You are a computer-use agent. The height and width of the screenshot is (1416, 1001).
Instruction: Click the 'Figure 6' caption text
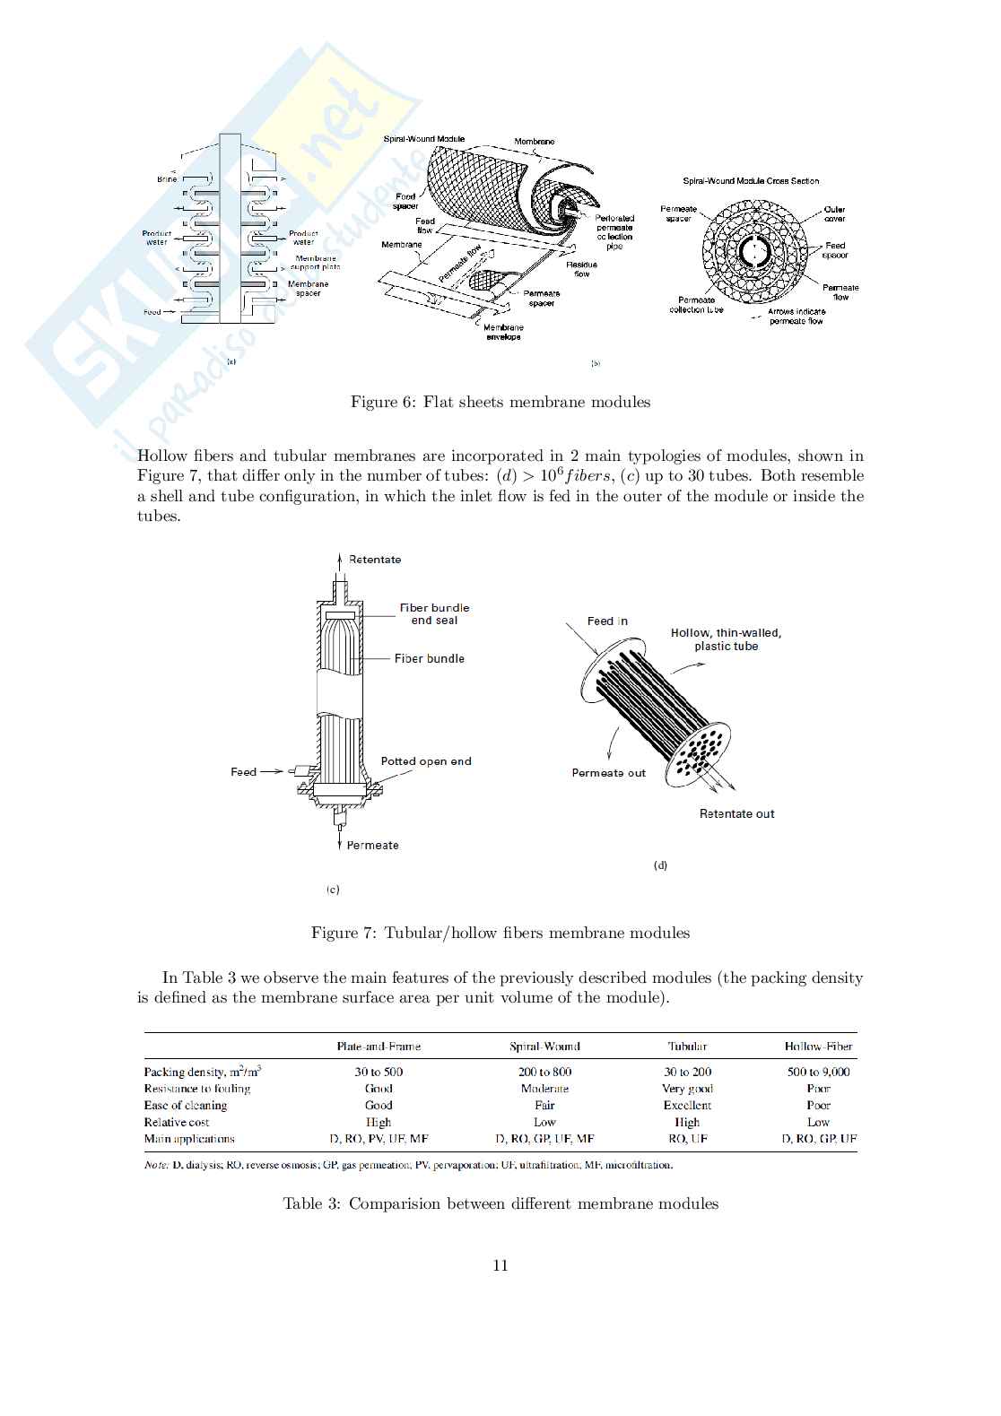coord(500,402)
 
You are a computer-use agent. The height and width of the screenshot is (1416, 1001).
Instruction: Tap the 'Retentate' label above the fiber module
coord(375,560)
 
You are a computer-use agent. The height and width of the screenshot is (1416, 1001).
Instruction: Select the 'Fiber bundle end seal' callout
coord(434,613)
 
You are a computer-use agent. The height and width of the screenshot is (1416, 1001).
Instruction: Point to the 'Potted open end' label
coord(426,761)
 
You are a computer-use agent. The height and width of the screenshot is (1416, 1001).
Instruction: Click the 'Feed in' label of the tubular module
coord(607,621)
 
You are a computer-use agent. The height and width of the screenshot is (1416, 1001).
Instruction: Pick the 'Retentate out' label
coord(736,813)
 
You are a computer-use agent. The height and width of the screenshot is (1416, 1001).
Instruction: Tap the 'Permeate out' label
coord(608,773)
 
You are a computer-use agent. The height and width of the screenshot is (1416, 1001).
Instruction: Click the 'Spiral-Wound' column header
coord(544,1047)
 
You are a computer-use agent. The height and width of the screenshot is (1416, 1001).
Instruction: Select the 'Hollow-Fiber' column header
coord(818,1047)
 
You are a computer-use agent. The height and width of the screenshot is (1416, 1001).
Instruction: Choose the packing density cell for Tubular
coord(687,1072)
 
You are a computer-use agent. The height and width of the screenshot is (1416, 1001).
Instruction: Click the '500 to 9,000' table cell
coord(818,1072)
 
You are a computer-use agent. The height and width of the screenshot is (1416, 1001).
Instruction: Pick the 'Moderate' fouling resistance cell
coord(544,1089)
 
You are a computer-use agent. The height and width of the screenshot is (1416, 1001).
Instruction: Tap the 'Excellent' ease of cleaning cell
coord(687,1106)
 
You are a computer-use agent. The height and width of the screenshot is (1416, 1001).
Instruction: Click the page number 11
coord(501,1265)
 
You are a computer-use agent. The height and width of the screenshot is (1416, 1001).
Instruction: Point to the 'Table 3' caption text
coord(501,1203)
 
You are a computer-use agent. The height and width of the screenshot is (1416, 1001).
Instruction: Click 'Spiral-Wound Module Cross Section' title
coord(751,181)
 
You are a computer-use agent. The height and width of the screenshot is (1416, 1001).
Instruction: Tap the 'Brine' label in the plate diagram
coord(168,179)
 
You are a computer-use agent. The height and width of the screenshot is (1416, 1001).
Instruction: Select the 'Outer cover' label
coord(834,214)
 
